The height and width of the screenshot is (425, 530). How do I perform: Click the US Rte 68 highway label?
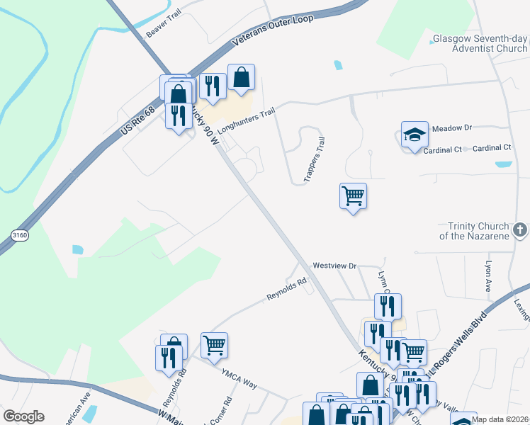pos(137,123)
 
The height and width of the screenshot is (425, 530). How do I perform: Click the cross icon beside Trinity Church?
pos(520,230)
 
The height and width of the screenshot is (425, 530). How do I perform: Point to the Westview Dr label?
pos(334,266)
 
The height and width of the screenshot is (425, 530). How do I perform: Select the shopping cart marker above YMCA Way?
pos(214,345)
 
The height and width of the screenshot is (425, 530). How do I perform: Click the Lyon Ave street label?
pos(488,276)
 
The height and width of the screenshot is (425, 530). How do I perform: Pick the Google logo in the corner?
pos(23,416)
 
